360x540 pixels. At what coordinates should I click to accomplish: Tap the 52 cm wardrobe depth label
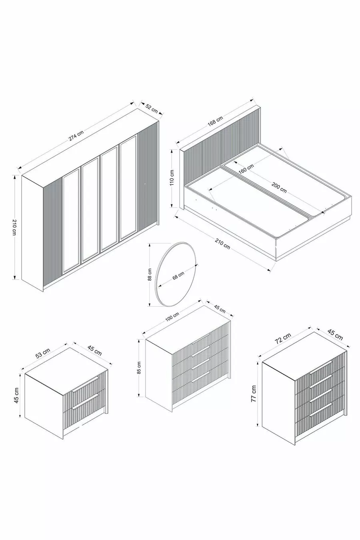pos(152,108)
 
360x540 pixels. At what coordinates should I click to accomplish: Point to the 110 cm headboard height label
pos(172,178)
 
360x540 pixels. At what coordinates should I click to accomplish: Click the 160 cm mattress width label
pos(246,169)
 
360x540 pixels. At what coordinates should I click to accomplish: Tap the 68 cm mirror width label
pos(178,275)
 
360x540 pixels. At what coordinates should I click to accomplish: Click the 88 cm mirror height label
pos(150,274)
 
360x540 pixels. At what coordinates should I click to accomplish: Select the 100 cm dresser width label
pos(172,317)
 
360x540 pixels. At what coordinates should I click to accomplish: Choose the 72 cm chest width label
pos(283,340)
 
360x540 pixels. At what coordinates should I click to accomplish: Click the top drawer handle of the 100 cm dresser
pos(201,339)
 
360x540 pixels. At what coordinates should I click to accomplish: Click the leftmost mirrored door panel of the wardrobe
pos(71,221)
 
